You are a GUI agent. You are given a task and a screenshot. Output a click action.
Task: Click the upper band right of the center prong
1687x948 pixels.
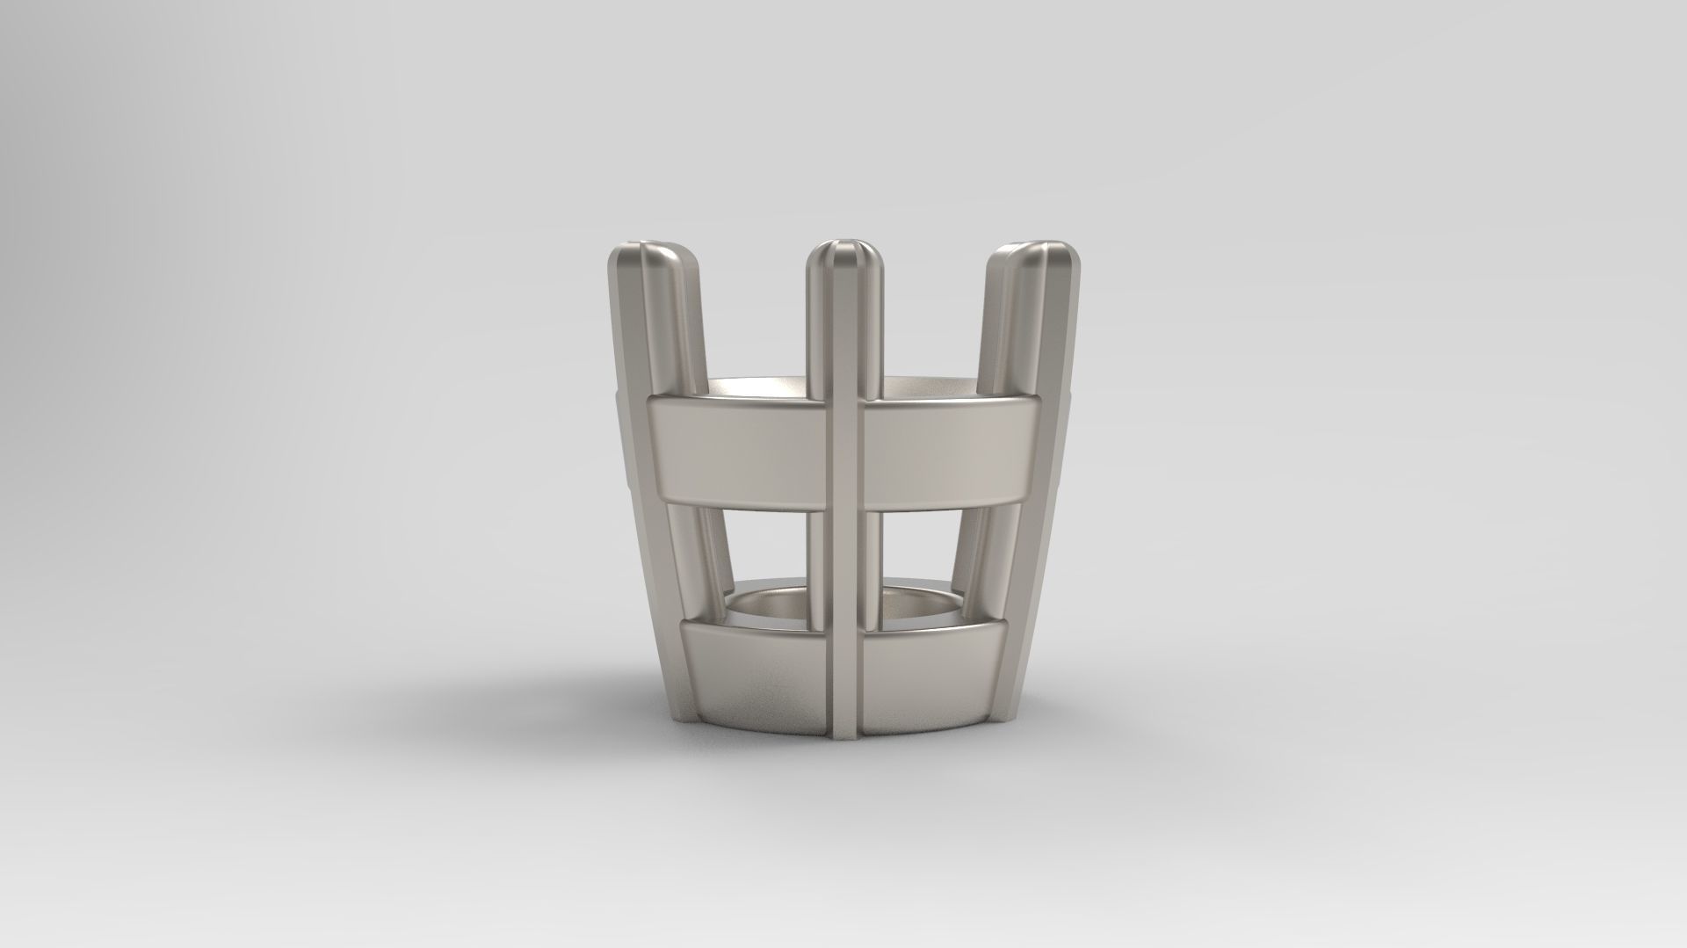point(947,448)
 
